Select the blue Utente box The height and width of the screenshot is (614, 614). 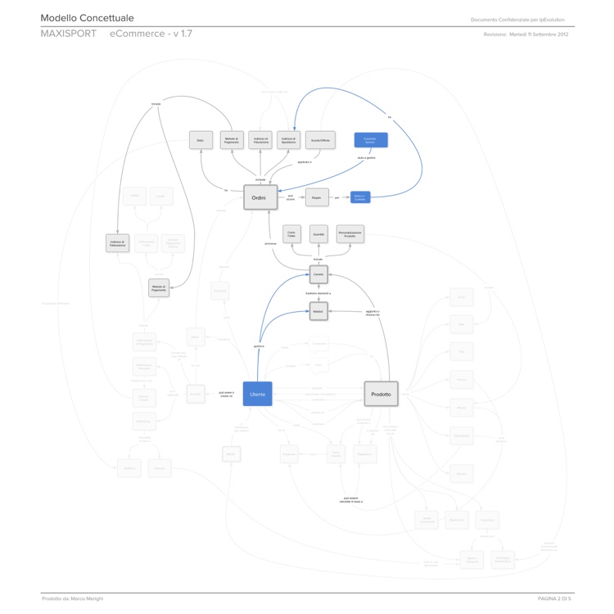pos(257,394)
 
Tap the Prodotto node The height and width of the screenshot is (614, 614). pos(381,394)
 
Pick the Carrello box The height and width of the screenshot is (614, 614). pos(319,274)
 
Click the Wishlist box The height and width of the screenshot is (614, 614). pos(319,312)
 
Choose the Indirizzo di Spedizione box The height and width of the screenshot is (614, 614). pos(287,140)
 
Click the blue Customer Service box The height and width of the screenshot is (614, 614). pos(370,140)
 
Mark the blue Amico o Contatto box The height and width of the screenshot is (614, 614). pos(360,197)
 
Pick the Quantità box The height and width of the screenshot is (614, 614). pos(319,234)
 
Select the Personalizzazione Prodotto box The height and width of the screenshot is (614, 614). pos(350,234)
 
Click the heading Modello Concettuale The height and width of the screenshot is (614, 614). pos(87,18)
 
